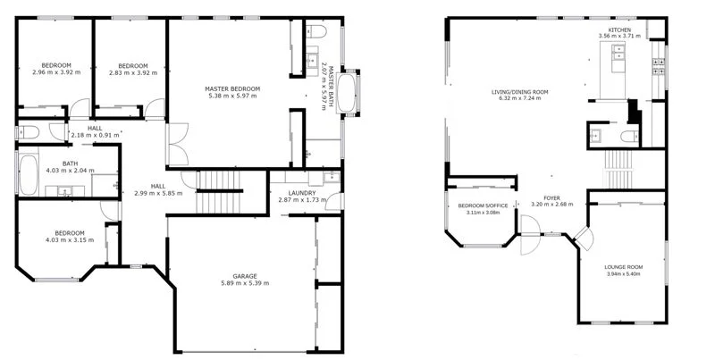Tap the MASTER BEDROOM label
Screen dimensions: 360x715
[x=232, y=88]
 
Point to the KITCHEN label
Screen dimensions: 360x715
[x=619, y=29]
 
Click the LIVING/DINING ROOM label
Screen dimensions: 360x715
[x=519, y=92]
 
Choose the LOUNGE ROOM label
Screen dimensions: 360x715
[x=625, y=267]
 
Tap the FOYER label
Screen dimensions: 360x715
[x=551, y=197]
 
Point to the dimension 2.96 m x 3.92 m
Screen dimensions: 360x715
[x=55, y=72]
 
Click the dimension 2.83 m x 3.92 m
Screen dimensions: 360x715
[x=132, y=72]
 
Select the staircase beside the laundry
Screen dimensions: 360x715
[x=215, y=181]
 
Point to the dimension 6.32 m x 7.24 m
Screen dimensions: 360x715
[x=519, y=99]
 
